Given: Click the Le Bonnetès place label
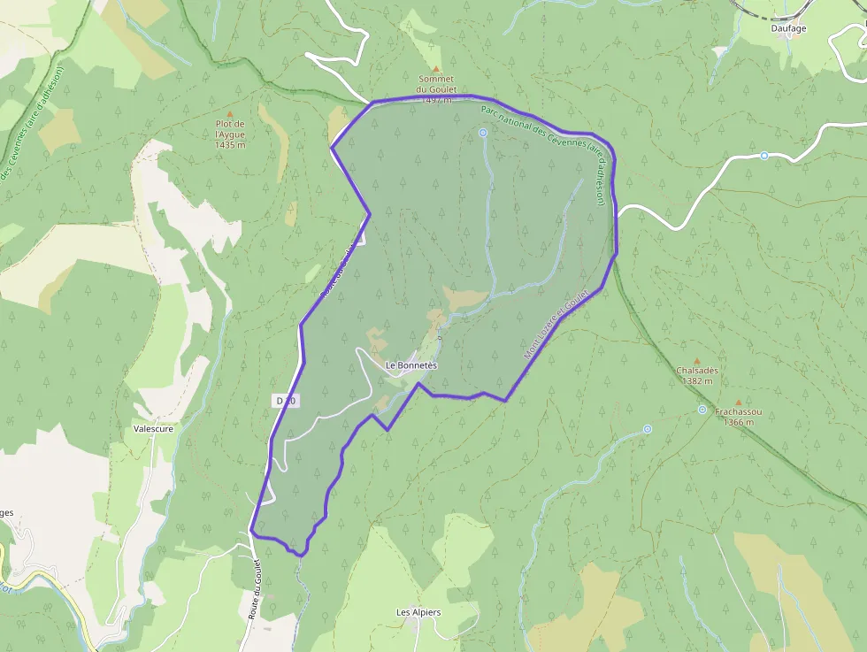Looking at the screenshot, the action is click(x=411, y=365).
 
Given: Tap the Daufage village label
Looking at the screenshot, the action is click(x=787, y=28).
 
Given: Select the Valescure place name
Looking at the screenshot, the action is click(x=153, y=428).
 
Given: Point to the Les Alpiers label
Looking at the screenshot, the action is click(x=418, y=612).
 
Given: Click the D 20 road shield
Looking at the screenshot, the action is click(x=286, y=401).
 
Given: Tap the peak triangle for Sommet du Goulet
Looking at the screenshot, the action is click(x=435, y=68).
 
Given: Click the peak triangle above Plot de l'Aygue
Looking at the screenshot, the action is click(x=230, y=114).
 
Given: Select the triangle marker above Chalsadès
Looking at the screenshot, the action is click(x=696, y=361).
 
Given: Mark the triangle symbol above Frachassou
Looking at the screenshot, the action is click(x=738, y=402).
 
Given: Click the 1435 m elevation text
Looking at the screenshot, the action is click(x=230, y=144).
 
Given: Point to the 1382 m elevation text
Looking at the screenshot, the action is click(x=697, y=381).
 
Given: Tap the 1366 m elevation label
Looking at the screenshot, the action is click(x=739, y=422).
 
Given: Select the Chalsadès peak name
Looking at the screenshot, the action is click(x=697, y=371).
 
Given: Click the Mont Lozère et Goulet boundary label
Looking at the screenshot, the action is click(x=556, y=324).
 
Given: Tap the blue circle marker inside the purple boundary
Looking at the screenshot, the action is click(x=483, y=133).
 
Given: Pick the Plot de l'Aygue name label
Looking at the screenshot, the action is click(x=230, y=129).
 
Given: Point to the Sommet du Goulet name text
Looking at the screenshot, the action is click(x=435, y=84).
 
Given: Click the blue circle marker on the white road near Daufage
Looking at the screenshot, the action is click(x=764, y=156).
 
